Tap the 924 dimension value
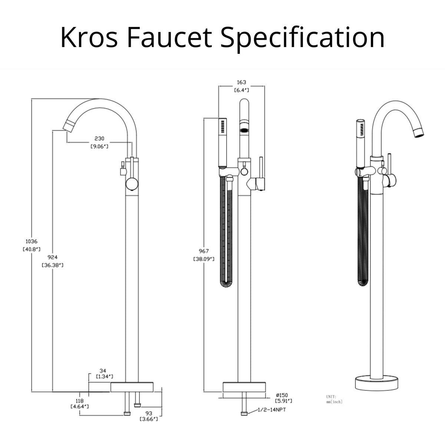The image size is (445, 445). (x=53, y=257)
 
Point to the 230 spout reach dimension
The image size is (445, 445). (x=99, y=139)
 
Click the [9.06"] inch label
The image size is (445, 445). (x=99, y=146)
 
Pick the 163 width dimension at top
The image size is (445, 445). (x=241, y=82)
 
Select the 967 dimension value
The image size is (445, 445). (x=204, y=251)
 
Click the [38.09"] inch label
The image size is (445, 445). (x=204, y=259)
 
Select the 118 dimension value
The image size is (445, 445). (x=79, y=401)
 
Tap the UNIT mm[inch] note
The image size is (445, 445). (x=334, y=399)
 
